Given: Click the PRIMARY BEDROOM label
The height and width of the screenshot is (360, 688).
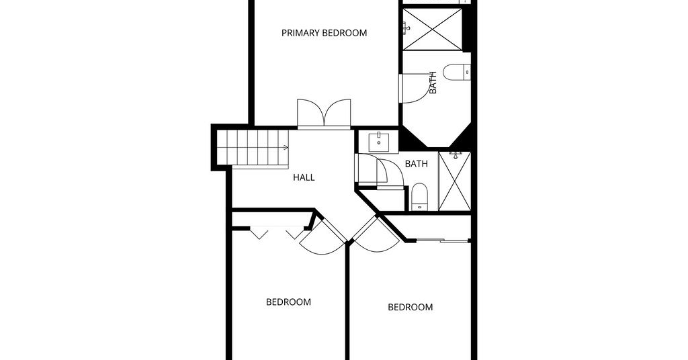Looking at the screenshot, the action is coord(325,33).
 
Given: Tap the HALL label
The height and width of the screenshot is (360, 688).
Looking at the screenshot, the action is coord(304,177).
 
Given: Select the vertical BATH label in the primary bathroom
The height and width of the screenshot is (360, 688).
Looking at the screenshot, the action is coord(433,83).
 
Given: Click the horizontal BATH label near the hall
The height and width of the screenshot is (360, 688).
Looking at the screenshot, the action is coord(416,164).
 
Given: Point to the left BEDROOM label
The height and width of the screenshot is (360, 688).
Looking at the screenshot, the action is coord(288,302).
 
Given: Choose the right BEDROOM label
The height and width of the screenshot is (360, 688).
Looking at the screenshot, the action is coord(411,308).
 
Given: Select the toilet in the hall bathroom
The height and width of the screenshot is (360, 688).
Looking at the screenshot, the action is coord(419,196).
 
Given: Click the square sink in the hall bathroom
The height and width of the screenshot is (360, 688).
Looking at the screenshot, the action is coord(378,142).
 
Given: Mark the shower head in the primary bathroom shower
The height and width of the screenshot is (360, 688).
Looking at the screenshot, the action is coord(406,28).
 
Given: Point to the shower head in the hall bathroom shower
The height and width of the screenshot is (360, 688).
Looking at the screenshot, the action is coord(456,154).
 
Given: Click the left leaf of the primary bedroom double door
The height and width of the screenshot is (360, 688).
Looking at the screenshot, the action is coord(310,113).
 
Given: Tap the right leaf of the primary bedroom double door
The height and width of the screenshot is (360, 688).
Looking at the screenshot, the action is coord(337,113).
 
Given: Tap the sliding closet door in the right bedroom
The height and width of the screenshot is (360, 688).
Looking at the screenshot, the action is coord(442,240).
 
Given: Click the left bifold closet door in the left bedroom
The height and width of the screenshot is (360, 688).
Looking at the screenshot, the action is coord(259,233).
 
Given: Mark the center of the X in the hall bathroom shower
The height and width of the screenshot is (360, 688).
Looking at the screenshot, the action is coord(455,181).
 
